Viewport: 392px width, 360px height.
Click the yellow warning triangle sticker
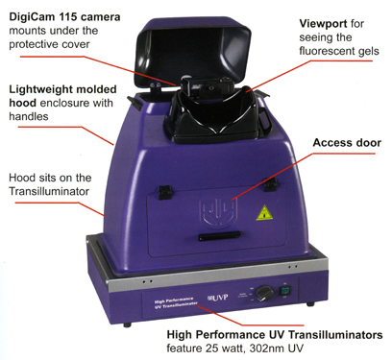coord(264,213)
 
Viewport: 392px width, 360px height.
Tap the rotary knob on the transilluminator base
coord(264,293)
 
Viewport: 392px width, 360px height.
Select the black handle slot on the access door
coord(219,237)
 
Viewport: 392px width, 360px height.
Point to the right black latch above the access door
coord(271,185)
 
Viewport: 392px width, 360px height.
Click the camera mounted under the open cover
coord(207,88)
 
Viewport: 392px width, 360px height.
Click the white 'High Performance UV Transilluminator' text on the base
coord(176,303)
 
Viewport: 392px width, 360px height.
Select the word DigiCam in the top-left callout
coord(33,17)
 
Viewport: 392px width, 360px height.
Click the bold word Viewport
coord(323,23)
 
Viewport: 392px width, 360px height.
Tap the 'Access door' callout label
coord(347,143)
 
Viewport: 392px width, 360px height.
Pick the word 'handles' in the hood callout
coord(29,116)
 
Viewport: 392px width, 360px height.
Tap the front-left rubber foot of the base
coord(127,325)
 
